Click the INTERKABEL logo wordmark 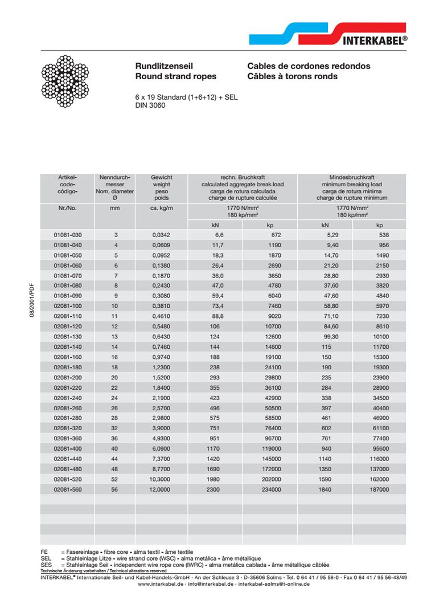(375, 40)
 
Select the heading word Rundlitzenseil (163, 66)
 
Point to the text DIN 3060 (150, 105)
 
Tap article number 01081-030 (68, 235)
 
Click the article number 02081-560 (68, 489)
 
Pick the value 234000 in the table (270, 489)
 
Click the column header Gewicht (161, 177)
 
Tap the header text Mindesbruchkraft (352, 177)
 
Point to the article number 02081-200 (68, 378)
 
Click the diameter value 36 (116, 439)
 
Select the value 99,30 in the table (325, 337)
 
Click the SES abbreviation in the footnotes (46, 565)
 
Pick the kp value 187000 (379, 489)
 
